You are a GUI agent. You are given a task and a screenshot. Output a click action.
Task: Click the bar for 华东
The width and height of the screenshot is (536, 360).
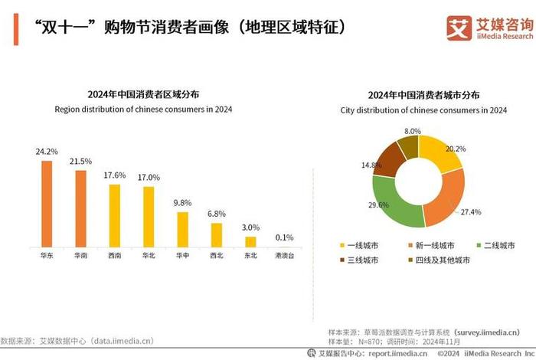[x=47, y=203]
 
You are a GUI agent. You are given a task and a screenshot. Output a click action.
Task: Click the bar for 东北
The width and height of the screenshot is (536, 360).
[x=250, y=241]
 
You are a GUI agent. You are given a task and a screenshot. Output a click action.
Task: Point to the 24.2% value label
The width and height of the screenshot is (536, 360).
[x=47, y=152]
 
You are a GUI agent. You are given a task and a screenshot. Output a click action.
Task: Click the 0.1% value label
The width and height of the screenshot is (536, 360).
[x=284, y=237]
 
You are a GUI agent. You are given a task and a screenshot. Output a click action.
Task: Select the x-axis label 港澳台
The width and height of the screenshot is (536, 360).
[x=284, y=255]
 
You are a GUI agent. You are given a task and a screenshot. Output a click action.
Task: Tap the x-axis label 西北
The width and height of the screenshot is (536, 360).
[x=216, y=255]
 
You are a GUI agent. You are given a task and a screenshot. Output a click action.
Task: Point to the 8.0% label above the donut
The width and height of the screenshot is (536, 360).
[x=413, y=131]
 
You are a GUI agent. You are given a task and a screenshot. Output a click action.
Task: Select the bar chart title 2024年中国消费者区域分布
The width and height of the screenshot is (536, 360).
[x=143, y=94]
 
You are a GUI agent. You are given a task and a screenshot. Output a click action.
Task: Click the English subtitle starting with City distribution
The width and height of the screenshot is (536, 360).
[x=423, y=110]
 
